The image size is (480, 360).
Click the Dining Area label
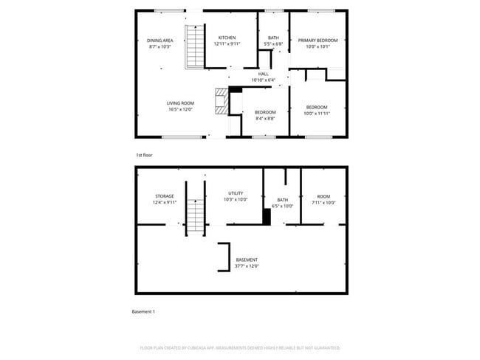(x=160, y=40)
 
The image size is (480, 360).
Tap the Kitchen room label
(x=226, y=37)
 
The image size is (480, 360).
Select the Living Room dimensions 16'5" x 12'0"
(x=179, y=110)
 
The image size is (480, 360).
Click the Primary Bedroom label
(x=318, y=40)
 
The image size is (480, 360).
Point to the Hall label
(x=263, y=74)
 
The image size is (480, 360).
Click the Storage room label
(x=165, y=196)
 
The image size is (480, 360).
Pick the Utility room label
(x=236, y=193)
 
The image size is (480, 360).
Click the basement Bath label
(x=282, y=200)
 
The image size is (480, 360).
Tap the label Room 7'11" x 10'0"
(x=323, y=196)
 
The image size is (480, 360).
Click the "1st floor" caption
(x=143, y=156)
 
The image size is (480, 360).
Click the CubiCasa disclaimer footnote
(x=240, y=347)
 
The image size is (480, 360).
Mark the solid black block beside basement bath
(x=267, y=216)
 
